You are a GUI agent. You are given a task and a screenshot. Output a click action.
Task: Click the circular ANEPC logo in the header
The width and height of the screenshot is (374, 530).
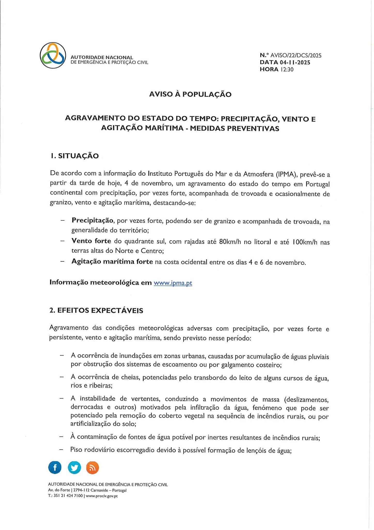click(x=53, y=55)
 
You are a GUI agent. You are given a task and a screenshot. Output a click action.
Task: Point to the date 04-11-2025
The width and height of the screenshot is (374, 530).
click(x=295, y=62)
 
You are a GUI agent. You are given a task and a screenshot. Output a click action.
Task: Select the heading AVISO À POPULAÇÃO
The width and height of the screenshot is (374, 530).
click(x=190, y=94)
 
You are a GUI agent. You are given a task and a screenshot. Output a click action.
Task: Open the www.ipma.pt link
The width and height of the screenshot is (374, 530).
click(x=173, y=283)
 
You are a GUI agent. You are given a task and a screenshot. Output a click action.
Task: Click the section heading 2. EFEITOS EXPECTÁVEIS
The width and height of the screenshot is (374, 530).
click(x=96, y=310)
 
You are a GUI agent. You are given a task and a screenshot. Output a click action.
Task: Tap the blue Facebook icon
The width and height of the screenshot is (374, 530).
click(x=55, y=468)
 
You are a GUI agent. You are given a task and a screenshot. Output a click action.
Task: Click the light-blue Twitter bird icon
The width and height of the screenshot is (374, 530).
click(x=74, y=468)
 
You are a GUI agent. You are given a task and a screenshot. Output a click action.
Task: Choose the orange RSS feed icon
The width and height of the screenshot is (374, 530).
click(x=92, y=468)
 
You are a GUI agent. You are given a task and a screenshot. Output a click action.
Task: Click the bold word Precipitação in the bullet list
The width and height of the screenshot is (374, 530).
click(x=93, y=220)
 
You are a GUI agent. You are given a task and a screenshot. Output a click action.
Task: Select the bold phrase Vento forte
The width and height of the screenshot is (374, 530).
click(x=91, y=241)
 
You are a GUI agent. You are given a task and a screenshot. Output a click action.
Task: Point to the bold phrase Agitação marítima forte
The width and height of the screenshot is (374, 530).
click(x=112, y=262)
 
